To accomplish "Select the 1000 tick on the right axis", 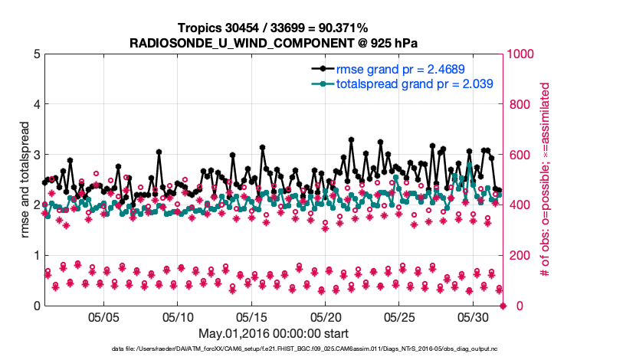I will pos(523,54).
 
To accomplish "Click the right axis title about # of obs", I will pos(546,179).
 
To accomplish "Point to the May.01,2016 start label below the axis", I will pos(274,333).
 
